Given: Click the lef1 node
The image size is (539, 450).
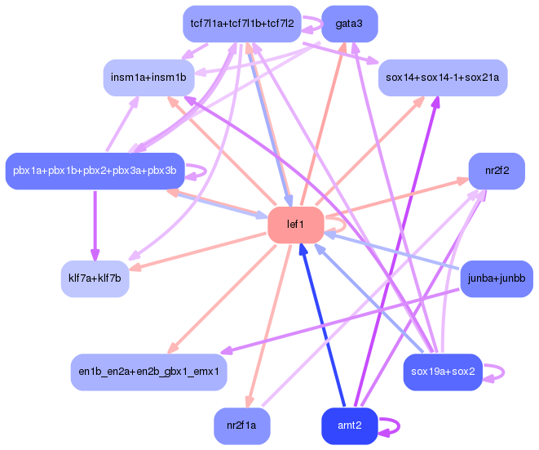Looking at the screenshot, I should (295, 225).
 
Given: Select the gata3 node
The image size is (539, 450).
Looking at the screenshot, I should (349, 24).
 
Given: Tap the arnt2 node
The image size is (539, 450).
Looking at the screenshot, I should (349, 425).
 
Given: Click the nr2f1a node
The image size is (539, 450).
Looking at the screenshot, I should (241, 425).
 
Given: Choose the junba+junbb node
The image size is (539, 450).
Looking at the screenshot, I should (496, 279).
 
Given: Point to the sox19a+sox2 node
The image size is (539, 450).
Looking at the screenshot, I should (444, 372).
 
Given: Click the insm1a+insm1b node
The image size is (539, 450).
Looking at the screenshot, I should (148, 78).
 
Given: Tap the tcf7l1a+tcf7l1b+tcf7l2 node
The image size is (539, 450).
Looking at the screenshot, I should (241, 24).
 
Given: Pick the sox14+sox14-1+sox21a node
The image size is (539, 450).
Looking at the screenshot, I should (442, 78).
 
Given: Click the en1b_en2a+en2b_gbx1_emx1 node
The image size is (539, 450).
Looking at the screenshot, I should (148, 372).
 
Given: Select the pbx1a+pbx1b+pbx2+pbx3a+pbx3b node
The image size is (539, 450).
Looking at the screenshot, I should (95, 171).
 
